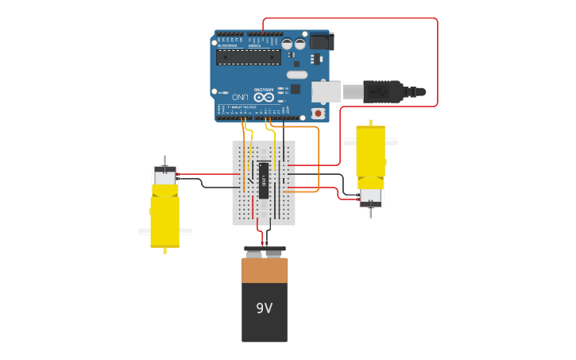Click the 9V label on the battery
(x=264, y=308)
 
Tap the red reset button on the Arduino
(x=319, y=113)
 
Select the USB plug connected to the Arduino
(x=381, y=91)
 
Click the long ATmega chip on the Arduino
(x=248, y=56)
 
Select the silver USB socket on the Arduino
(x=326, y=92)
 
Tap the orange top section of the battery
(x=265, y=270)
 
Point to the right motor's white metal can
(x=370, y=195)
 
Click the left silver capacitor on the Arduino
(x=287, y=45)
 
